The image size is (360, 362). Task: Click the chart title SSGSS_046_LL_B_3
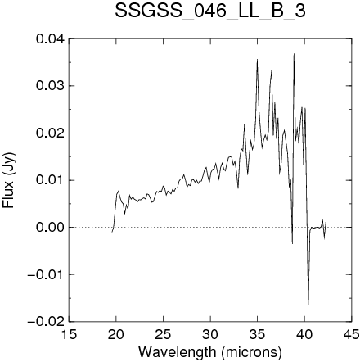coord(210,11)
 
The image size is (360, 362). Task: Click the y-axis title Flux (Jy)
coord(8,180)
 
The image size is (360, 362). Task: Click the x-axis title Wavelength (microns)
coord(210,352)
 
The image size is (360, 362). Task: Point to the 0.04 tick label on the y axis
coord(51,38)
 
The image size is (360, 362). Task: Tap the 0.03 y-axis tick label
coord(51,86)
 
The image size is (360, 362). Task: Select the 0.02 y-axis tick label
coord(51,133)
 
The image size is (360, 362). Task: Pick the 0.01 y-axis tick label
coord(51,180)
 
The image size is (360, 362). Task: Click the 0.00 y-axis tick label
coord(51,227)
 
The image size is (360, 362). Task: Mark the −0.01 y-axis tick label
coord(47,274)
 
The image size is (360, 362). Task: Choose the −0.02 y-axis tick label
coord(47,322)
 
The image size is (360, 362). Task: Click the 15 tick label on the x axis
coord(69,334)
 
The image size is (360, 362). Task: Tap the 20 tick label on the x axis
coord(116,334)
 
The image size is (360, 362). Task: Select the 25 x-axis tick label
coord(163,334)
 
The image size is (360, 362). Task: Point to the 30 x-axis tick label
coord(210,334)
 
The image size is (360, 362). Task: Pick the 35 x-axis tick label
coord(258,334)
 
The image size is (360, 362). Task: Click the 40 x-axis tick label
coord(304,334)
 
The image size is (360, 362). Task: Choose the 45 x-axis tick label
coord(352,334)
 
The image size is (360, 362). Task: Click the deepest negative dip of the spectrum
coord(308,304)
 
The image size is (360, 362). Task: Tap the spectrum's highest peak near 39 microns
coord(294,54)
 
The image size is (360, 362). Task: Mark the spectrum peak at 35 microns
coord(257,59)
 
